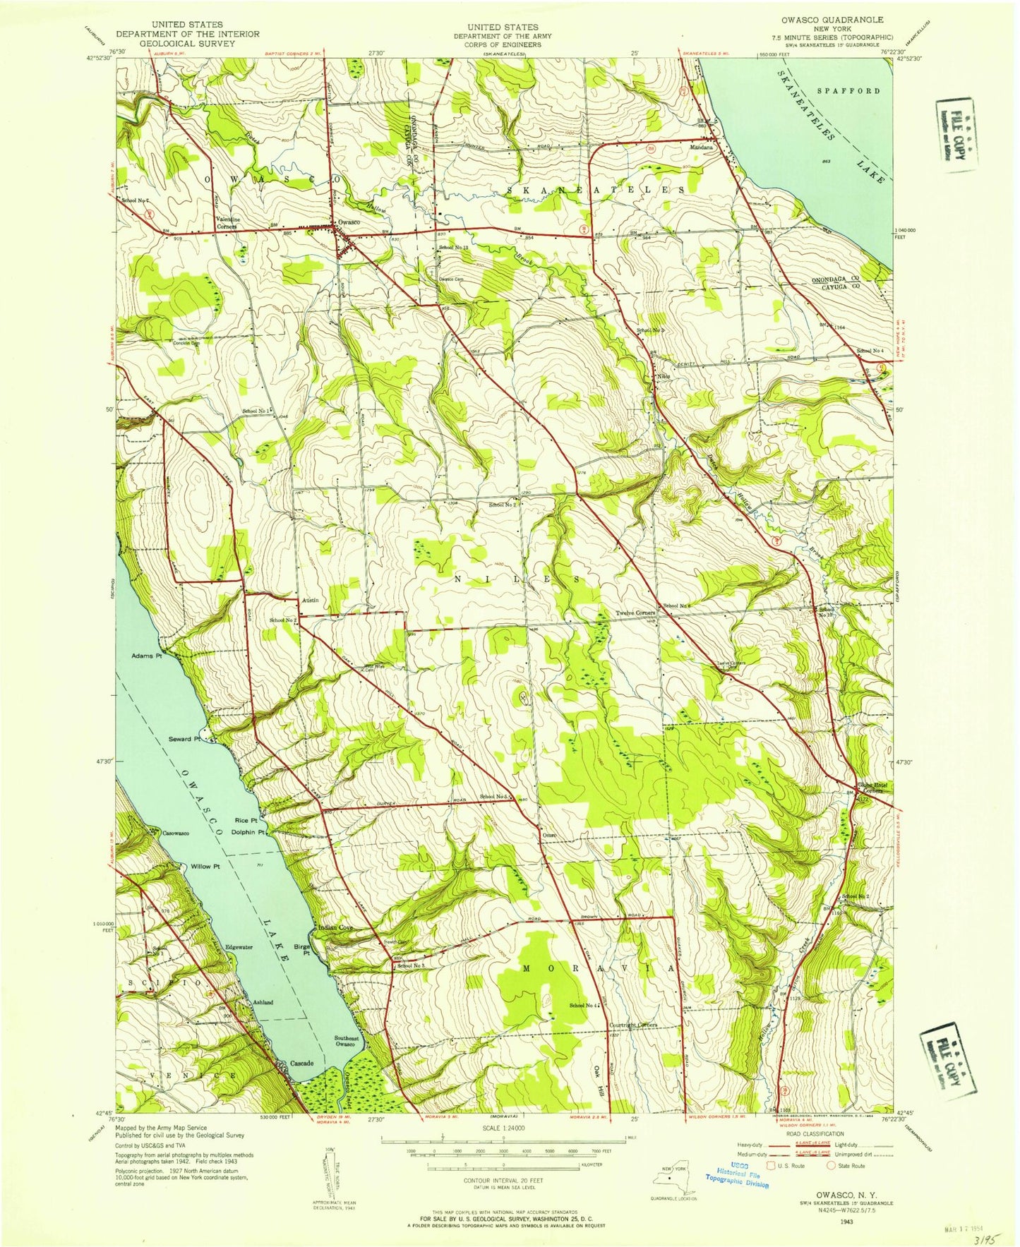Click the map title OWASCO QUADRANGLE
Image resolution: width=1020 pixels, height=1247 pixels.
[839, 20]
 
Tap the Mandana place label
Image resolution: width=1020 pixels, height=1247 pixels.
[702, 148]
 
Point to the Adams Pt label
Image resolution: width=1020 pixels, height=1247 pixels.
[146, 656]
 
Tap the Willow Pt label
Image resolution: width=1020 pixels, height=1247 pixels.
[196, 866]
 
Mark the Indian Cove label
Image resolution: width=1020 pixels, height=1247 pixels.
[335, 927]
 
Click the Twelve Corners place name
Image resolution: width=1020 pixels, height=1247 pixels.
[635, 613]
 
